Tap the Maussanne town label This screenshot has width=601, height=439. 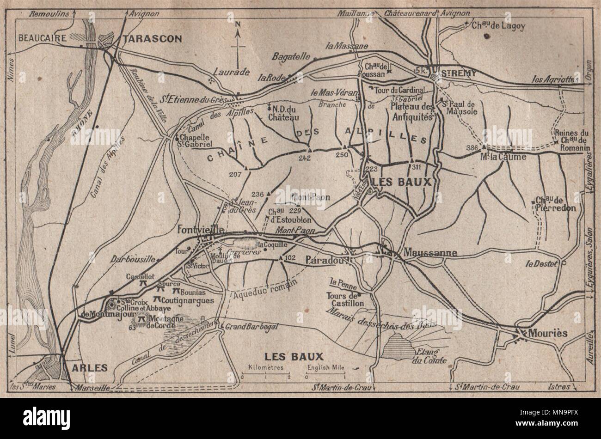pyautogui.click(x=430, y=253)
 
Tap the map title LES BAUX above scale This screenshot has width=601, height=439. pyautogui.click(x=293, y=356)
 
